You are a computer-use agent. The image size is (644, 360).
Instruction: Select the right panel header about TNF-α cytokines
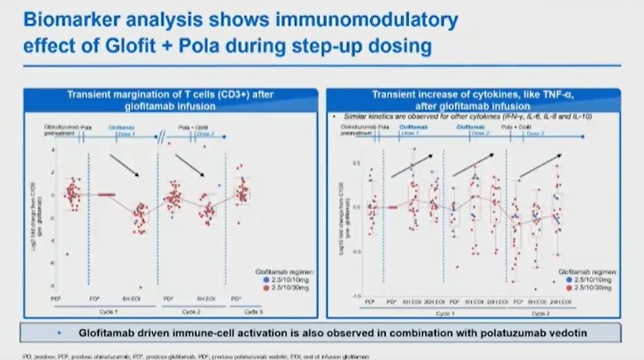coord(477,100)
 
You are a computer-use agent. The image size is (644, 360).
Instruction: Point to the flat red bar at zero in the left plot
coord(106,194)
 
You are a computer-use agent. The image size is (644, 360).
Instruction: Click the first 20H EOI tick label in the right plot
coord(432,302)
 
